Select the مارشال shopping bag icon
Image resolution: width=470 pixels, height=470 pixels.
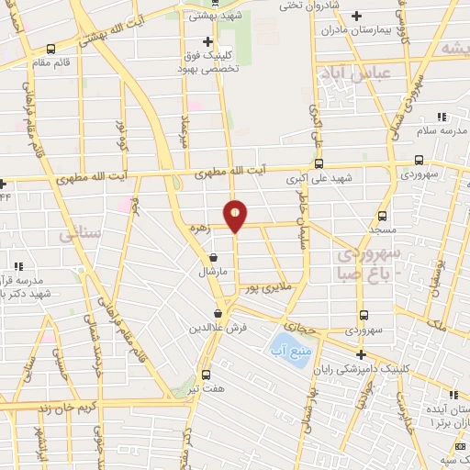pos(214,258)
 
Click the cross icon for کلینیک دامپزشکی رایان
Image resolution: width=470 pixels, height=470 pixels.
pos(361,354)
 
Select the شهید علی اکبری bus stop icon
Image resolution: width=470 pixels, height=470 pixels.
pos(319,164)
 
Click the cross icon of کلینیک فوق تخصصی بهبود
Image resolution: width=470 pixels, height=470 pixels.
pos(208,41)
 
